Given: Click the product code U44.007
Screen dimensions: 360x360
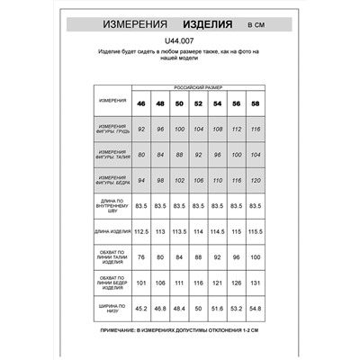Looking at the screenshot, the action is [180, 40].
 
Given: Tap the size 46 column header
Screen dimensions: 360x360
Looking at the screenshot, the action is [140, 105].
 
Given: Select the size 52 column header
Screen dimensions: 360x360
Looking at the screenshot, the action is [198, 105].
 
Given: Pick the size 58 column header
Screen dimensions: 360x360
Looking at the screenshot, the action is [256, 105].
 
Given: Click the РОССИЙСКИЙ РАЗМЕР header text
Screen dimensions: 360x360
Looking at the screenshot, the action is [198, 91].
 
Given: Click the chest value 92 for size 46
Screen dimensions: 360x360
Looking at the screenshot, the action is [140, 130].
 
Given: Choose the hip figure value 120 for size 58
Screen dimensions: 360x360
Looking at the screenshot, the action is [256, 180].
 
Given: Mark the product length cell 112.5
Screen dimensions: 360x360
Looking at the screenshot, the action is [140, 231].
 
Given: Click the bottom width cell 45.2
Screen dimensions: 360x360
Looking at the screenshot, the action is [140, 308].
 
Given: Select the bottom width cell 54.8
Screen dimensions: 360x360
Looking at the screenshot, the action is [256, 308].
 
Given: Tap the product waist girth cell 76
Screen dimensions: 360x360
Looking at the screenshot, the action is [140, 257].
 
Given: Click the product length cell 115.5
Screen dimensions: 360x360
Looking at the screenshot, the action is [256, 231].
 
